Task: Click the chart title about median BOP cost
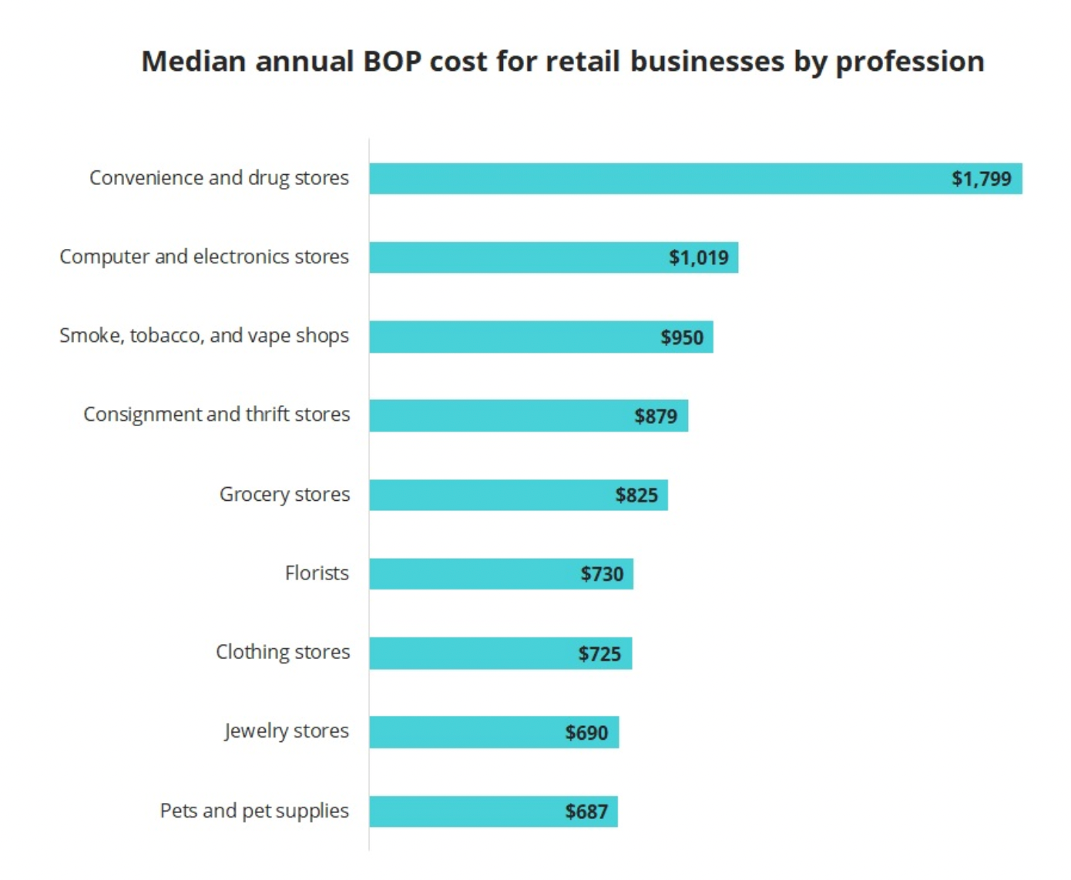[x=562, y=62]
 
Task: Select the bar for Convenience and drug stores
[x=655, y=179]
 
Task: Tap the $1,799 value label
[x=981, y=179]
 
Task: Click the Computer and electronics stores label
[x=204, y=257]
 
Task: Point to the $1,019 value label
[x=698, y=257]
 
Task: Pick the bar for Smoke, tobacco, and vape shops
[x=509, y=337]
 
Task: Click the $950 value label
[x=682, y=338]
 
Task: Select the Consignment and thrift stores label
[x=217, y=415]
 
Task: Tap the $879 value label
[x=656, y=416]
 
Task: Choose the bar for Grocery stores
[x=485, y=495]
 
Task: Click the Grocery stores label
[x=284, y=494]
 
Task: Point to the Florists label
[x=317, y=573]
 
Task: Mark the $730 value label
[x=602, y=574]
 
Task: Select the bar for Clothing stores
[x=470, y=653]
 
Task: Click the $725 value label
[x=599, y=654]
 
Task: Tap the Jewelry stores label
[x=287, y=731]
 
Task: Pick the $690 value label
[x=586, y=733]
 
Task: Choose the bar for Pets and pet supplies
[x=462, y=811]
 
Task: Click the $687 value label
[x=586, y=811]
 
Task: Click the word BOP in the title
[x=391, y=62]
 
